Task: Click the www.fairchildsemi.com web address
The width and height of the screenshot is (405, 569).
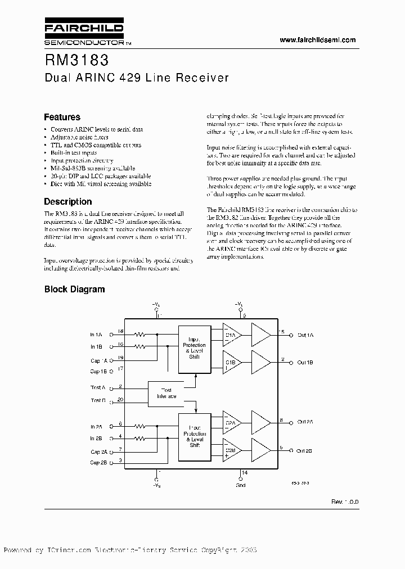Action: pos(318,40)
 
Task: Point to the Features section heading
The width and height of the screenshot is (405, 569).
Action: pos(62,118)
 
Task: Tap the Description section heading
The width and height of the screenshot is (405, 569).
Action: pos(67,201)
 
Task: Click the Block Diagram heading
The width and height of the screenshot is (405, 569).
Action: pos(74,290)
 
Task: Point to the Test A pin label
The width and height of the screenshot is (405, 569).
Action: pos(97,388)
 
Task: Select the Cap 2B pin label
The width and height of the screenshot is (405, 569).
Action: pos(98,463)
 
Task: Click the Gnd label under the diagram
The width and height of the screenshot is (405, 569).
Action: pos(240,484)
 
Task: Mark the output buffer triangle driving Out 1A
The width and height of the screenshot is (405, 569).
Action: pos(260,335)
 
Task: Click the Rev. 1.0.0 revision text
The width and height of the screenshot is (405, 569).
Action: pos(344,501)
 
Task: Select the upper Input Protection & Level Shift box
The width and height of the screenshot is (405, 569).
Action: pos(194,348)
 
